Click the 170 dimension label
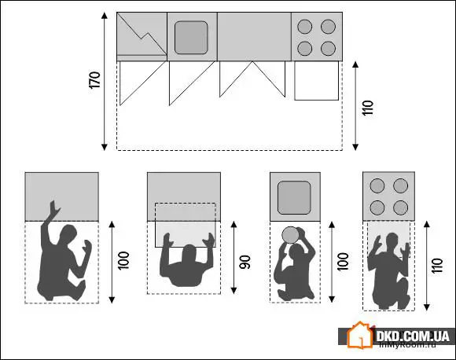pyautogui.click(x=95, y=82)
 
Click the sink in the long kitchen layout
pyautogui.click(x=192, y=37)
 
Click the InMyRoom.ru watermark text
pyautogui.click(x=413, y=345)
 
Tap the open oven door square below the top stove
pyautogui.click(x=316, y=81)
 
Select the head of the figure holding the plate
pyautogui.click(x=296, y=250)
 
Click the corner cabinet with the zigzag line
pyautogui.click(x=142, y=36)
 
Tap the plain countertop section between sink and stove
pyautogui.click(x=253, y=36)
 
